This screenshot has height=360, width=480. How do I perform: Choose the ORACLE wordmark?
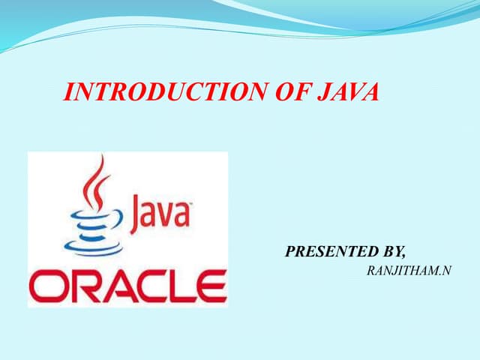[127, 286]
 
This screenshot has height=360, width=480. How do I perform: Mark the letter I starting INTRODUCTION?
[70, 92]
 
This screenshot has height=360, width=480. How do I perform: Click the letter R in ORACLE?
[79, 286]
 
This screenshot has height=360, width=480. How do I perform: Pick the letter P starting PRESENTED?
[290, 252]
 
